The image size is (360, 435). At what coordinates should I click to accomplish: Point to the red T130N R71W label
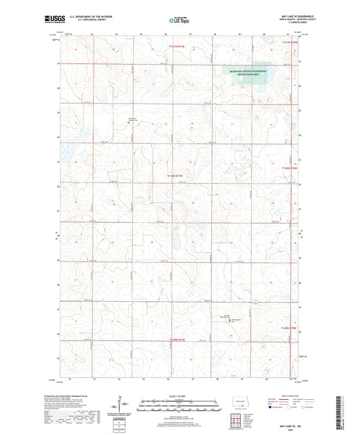coord(176,175)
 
